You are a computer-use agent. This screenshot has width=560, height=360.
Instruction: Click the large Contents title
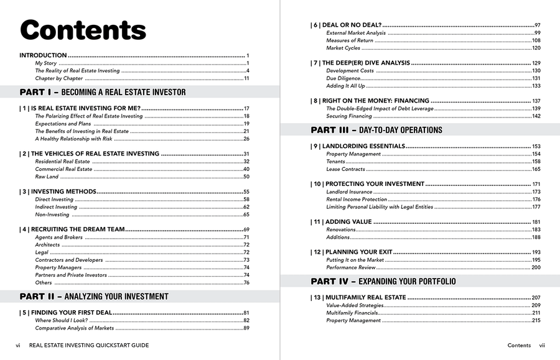pyautogui.click(x=83, y=30)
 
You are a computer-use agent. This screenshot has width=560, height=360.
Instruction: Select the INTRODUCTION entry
pyautogui.click(x=43, y=55)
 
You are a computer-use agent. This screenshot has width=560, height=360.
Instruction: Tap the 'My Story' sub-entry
pyautogui.click(x=45, y=63)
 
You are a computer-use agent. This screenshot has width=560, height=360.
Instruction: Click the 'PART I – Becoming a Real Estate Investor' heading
pyautogui.click(x=103, y=92)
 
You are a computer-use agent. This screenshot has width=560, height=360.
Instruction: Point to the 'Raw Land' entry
pyautogui.click(x=47, y=177)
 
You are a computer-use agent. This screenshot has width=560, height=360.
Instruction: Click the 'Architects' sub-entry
pyautogui.click(x=47, y=245)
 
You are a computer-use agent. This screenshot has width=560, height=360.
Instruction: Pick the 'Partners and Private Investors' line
pyautogui.click(x=71, y=275)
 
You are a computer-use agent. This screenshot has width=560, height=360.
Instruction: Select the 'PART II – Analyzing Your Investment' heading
pyautogui.click(x=94, y=297)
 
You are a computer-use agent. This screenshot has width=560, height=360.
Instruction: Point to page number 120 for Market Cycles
pyautogui.click(x=536, y=48)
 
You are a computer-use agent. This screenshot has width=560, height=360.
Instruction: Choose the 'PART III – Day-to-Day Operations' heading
pyautogui.click(x=376, y=130)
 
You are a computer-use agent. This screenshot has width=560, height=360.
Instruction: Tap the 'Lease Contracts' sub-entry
pyautogui.click(x=345, y=169)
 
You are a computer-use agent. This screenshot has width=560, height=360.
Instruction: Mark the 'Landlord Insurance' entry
pyautogui.click(x=349, y=192)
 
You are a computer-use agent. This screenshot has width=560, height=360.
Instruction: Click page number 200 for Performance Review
pyautogui.click(x=536, y=267)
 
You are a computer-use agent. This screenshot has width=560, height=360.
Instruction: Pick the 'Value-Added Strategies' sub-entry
pyautogui.click(x=355, y=305)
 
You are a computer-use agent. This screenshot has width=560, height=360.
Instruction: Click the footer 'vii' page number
pyautogui.click(x=542, y=345)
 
